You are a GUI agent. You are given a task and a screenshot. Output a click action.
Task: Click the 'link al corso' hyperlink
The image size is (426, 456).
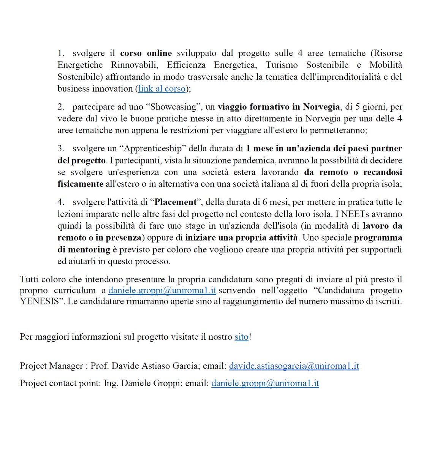[x=162, y=89]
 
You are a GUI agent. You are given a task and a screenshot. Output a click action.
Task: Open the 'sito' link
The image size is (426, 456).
[x=241, y=337]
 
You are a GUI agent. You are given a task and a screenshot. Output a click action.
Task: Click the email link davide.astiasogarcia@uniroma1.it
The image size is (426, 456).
[x=294, y=366]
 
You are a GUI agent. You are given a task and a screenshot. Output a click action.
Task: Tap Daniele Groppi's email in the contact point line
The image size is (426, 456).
[x=265, y=383]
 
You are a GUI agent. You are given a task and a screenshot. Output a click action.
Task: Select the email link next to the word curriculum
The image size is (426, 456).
[x=162, y=291]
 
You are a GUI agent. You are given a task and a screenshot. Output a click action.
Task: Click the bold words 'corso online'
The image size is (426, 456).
[x=146, y=53]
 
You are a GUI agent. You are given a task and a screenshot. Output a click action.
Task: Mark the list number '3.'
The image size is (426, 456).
[x=61, y=149]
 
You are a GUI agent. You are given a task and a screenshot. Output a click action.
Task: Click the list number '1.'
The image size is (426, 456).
[x=61, y=53]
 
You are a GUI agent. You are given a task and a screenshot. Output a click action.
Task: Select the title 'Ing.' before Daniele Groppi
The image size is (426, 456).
[x=111, y=383]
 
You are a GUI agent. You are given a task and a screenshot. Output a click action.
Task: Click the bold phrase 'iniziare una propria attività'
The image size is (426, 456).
[x=242, y=238]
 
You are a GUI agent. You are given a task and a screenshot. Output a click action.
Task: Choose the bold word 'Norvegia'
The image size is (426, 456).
[x=321, y=107]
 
